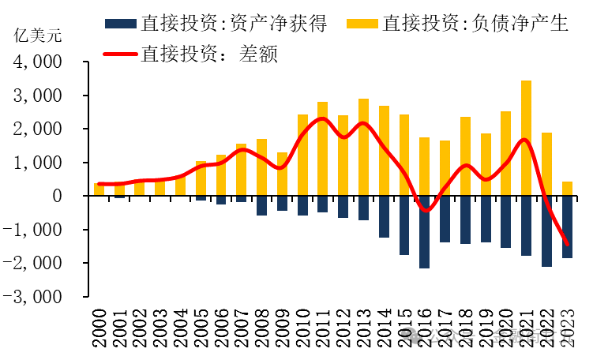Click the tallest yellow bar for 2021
(x=526, y=138)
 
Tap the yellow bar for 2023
(x=567, y=189)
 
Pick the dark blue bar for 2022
(x=546, y=231)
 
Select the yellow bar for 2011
(x=322, y=149)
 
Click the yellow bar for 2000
(x=99, y=189)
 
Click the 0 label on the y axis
(x=69, y=196)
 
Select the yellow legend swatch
(x=362, y=22)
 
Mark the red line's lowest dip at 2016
(x=425, y=211)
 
